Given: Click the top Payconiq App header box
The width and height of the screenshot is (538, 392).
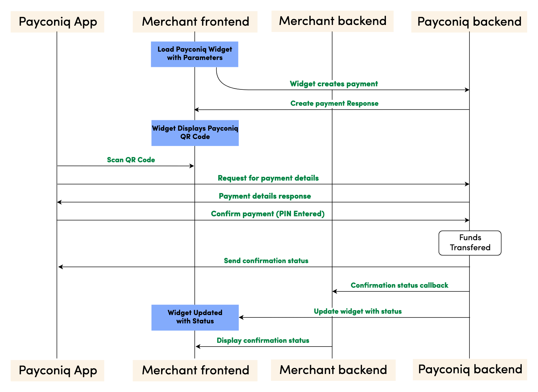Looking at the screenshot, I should (x=58, y=22).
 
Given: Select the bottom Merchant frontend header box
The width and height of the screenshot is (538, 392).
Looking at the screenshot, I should (x=195, y=370).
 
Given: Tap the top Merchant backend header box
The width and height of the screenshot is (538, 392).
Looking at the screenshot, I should (x=332, y=21).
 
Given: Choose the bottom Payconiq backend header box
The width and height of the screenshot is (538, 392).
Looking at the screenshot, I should (x=470, y=369).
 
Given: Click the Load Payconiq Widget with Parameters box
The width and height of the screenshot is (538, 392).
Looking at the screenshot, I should (x=194, y=54).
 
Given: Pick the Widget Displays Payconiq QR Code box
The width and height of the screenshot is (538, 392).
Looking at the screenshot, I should (x=195, y=133).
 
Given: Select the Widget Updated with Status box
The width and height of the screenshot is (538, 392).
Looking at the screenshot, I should (x=195, y=317).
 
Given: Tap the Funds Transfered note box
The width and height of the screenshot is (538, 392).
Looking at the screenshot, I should (x=470, y=243).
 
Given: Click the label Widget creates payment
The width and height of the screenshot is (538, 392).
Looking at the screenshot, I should (x=334, y=84).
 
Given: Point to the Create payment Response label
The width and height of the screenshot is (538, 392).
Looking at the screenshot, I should (x=334, y=104).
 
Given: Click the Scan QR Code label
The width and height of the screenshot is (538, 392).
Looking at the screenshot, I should (x=131, y=160).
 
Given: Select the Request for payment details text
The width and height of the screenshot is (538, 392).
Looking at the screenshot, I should (x=268, y=178).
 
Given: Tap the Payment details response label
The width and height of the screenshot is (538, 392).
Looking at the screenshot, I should (x=265, y=196).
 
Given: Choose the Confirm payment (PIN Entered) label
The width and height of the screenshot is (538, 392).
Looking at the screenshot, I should (x=267, y=214).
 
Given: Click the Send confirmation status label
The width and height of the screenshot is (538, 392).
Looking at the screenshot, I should (x=266, y=261).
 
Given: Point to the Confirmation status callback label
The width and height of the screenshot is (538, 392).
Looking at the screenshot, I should (x=399, y=286).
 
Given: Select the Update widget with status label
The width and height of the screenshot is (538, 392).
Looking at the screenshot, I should (x=358, y=311).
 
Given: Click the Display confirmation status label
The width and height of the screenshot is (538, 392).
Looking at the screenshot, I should (x=263, y=341).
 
